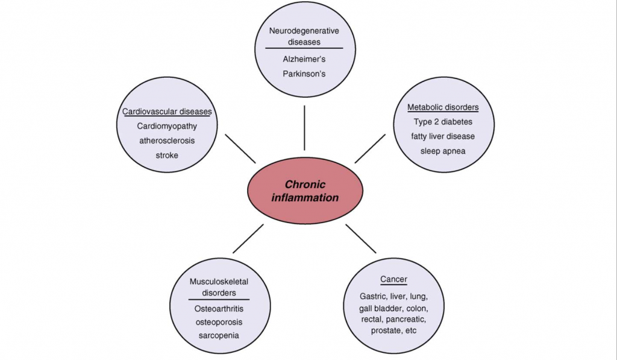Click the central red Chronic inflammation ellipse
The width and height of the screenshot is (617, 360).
point(305,191)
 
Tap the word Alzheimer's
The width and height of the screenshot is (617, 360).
point(304,59)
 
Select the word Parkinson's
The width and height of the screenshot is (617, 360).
point(304,74)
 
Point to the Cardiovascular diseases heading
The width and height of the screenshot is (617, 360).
point(167,112)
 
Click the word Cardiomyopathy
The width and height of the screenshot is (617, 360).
point(167,126)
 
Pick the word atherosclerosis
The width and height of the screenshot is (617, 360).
point(167,141)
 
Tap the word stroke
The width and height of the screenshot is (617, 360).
point(167,155)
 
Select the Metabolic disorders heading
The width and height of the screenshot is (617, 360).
point(443,107)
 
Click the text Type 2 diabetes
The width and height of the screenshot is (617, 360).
point(443,122)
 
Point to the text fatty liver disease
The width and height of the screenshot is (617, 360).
point(443,136)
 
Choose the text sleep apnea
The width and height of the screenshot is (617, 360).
point(443,151)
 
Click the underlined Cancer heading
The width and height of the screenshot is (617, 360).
point(393,279)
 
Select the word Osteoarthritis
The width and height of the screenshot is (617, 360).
point(219,309)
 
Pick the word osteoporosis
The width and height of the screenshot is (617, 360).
point(219,322)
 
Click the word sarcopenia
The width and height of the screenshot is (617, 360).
point(219,336)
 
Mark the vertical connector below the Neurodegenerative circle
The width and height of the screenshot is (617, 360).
point(304,128)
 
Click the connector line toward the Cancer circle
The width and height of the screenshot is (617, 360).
point(361,239)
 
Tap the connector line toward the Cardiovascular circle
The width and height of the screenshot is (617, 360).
point(240,148)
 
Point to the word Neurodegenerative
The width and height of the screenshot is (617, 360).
point(304,31)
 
